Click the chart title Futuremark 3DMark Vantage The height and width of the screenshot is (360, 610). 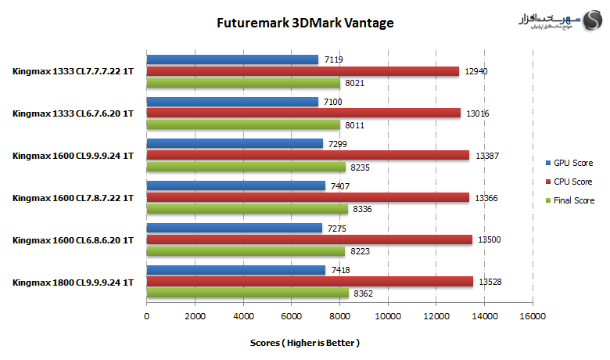click(305, 23)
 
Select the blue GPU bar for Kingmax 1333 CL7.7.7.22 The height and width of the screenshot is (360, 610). click(232, 59)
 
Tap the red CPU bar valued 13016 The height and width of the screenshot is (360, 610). click(303, 113)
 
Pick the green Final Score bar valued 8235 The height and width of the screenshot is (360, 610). click(246, 167)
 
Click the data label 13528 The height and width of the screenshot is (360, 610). click(490, 282)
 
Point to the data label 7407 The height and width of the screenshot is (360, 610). click(340, 186)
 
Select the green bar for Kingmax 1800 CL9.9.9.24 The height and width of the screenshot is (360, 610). click(247, 293)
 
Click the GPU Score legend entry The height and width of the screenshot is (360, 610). click(569, 163)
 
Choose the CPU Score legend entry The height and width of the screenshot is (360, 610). click(569, 182)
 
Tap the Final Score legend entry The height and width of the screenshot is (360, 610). click(570, 200)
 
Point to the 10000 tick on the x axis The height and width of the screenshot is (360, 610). click(388, 316)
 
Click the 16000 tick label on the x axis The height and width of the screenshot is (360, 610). click(533, 316)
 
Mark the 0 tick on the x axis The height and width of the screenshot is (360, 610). click(147, 316)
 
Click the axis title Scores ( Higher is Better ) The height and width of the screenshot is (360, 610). click(305, 343)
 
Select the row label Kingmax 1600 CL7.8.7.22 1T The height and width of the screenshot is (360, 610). click(74, 198)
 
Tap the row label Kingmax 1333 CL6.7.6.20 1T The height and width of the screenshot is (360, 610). click(74, 113)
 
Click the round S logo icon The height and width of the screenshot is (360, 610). click(593, 20)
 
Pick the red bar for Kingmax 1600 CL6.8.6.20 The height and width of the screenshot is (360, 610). click(309, 239)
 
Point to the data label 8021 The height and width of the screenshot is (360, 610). click(355, 83)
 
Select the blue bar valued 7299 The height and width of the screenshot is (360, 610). click(235, 144)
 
